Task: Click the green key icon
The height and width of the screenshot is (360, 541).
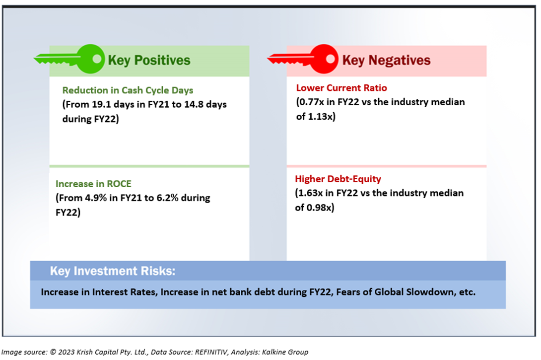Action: (x=69, y=59)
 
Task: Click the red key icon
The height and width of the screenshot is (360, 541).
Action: (x=303, y=59)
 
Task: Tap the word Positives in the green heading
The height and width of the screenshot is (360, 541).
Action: (x=162, y=60)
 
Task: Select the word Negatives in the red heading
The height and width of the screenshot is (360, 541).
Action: (x=399, y=60)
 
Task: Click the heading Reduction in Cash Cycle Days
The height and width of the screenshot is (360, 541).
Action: (x=128, y=90)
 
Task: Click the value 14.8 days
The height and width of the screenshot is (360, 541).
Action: (x=205, y=104)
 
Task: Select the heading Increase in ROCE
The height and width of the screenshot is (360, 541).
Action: (x=93, y=184)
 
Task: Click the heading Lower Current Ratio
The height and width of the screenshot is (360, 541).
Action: (x=341, y=88)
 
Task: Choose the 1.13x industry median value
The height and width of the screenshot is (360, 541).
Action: (x=320, y=117)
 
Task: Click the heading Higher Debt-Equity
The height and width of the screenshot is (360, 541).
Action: (x=338, y=179)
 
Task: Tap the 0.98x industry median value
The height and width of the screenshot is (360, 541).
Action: (x=319, y=208)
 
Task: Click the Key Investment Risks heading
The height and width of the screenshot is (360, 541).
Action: (x=113, y=271)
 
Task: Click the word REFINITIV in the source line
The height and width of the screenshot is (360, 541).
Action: (x=211, y=352)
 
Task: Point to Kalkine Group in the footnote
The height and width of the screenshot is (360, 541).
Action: (x=285, y=352)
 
